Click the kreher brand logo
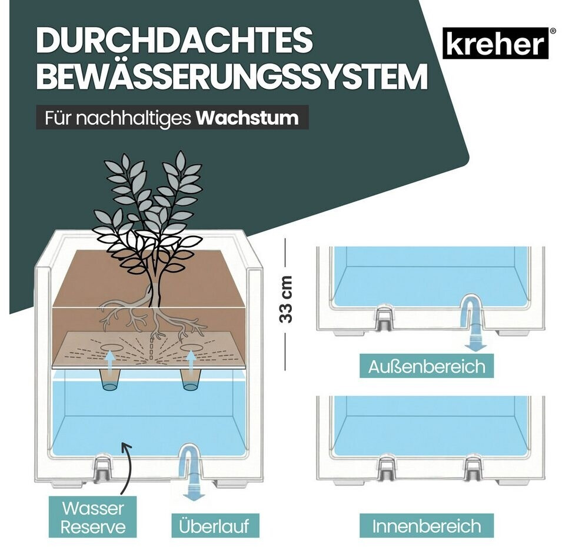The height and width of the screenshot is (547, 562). [x=496, y=43]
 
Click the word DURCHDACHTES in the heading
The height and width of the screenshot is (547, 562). [x=175, y=41]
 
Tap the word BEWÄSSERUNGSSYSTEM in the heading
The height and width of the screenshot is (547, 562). [x=232, y=77]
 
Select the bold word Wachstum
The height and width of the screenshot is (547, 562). [x=247, y=118]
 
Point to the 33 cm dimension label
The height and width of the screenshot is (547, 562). [x=286, y=300]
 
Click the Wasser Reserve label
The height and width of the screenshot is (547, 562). [x=93, y=518]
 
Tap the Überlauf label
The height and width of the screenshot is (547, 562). [x=214, y=526]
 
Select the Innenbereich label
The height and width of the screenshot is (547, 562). [x=427, y=526]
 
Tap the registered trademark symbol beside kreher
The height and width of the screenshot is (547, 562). [x=553, y=31]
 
